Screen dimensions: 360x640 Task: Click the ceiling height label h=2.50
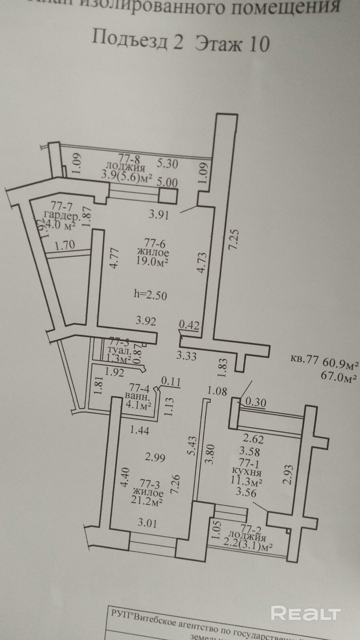coord(150,295)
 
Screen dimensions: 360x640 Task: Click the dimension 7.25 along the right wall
coord(234,239)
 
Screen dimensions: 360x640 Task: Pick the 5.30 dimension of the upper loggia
coord(167,163)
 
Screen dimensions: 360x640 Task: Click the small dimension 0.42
coord(189,324)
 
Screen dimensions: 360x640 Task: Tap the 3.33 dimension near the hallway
coord(186,355)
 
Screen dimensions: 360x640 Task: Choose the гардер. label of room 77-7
coord(64,216)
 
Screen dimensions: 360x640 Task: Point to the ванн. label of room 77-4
coord(137,397)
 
